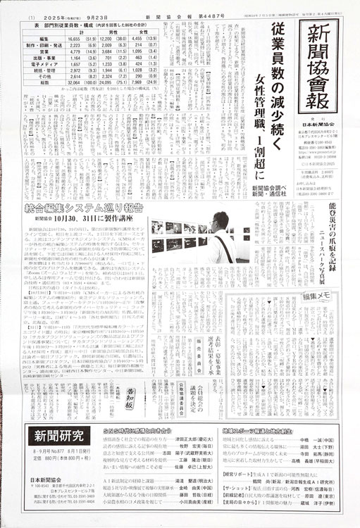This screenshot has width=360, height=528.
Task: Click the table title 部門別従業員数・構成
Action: (64, 25)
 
